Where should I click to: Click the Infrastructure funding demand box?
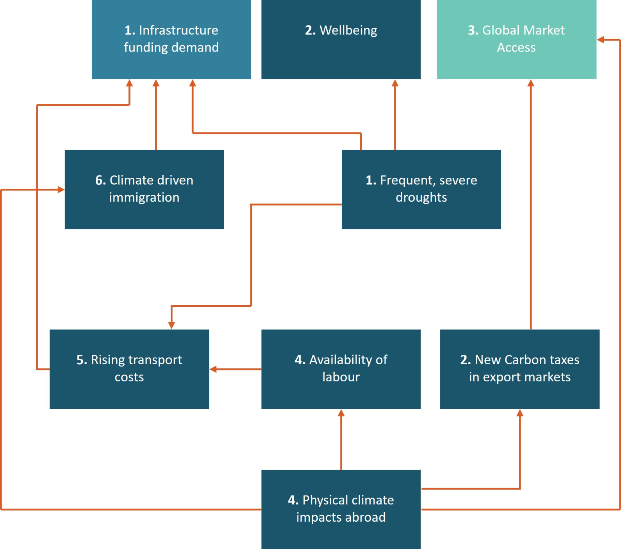(x=171, y=39)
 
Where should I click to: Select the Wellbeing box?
(x=341, y=39)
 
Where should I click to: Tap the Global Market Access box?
(x=516, y=39)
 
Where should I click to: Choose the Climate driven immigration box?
(x=144, y=189)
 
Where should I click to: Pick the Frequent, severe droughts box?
(x=421, y=189)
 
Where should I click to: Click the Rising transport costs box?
(x=129, y=369)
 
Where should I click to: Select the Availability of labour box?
(x=341, y=369)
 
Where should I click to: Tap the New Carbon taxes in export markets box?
(x=519, y=369)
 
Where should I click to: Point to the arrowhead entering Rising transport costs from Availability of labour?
(x=213, y=369)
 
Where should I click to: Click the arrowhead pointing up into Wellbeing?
(x=395, y=83)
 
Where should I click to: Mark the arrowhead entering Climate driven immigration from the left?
(x=61, y=190)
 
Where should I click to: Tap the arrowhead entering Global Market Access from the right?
(x=601, y=39)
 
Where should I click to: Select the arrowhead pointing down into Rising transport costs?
(x=171, y=325)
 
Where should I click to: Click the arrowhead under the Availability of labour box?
(x=341, y=413)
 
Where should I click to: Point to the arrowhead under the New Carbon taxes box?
(x=520, y=413)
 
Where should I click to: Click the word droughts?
(x=421, y=197)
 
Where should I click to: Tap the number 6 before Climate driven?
(x=100, y=180)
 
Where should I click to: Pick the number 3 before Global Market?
(x=473, y=30)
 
